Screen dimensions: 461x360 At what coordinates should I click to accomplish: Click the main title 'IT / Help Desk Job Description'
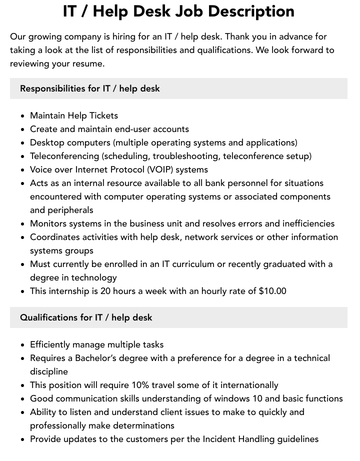tap(179, 11)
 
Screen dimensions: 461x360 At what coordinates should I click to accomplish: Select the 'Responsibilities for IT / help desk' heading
tap(90, 88)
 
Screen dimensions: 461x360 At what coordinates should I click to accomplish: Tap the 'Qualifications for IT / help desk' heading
tap(86, 317)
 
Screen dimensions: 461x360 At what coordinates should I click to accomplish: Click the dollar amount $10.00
tap(272, 291)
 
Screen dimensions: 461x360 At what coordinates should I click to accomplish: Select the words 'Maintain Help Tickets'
tap(74, 115)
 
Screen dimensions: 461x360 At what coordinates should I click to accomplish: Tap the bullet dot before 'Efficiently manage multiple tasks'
tap(23, 345)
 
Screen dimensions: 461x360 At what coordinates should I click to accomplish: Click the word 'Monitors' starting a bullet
tap(48, 223)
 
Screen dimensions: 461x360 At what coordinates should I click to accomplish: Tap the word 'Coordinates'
tap(54, 237)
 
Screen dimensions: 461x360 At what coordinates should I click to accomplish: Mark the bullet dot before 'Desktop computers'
tap(23, 143)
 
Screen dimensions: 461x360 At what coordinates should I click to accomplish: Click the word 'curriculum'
tap(197, 264)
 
